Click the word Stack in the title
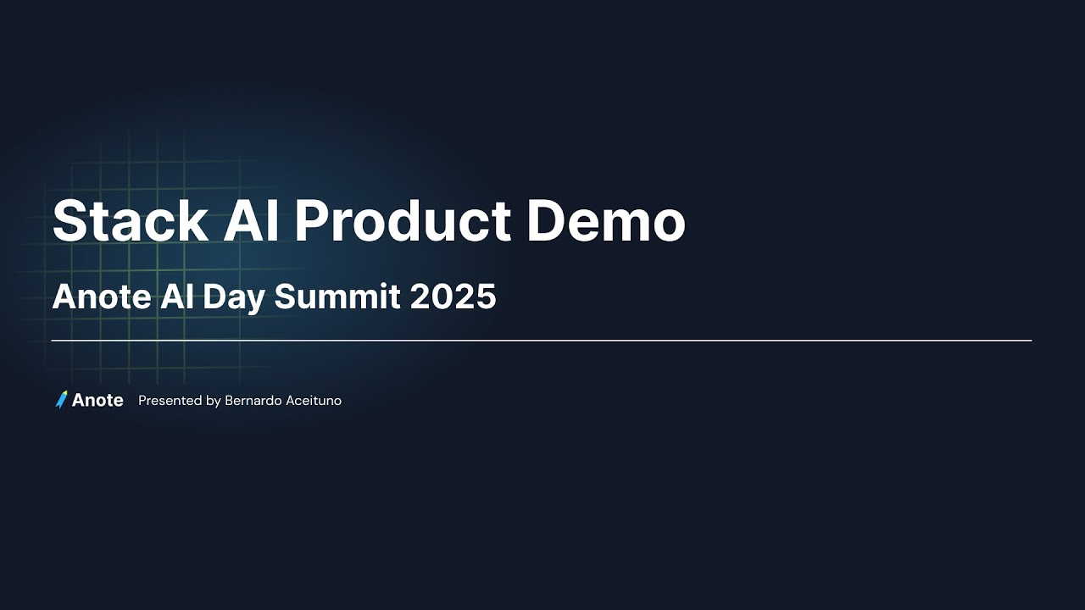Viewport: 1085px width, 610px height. coord(130,222)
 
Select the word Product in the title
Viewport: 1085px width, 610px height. coord(403,222)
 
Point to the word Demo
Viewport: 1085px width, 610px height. coord(605,222)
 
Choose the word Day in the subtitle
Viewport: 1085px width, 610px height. coord(230,297)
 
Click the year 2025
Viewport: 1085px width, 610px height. coord(453,297)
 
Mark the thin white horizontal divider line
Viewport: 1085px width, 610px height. coord(542,341)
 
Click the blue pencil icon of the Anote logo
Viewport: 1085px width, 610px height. coord(61,400)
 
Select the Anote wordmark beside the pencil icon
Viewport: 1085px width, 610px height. coord(97,401)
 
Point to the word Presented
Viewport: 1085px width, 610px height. coord(170,401)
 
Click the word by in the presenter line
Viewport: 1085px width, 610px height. coord(214,401)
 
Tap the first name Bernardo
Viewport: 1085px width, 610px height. coord(253,401)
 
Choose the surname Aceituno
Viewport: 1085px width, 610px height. coord(313,401)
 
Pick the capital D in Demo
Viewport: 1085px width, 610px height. coord(547,222)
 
